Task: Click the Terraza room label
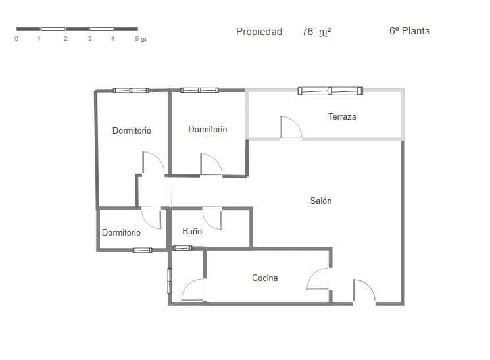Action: (342, 116)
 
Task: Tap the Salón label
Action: (321, 201)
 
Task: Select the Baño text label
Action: (192, 232)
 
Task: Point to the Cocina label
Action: (264, 278)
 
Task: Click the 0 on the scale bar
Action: (16, 39)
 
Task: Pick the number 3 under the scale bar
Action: (89, 39)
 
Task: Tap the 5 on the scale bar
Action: (137, 39)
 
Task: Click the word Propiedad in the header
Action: (259, 32)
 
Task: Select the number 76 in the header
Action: (307, 32)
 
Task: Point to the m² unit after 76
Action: (325, 32)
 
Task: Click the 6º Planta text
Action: (410, 31)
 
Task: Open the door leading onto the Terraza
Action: (289, 128)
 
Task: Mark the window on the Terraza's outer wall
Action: (330, 91)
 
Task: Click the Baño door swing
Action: (212, 217)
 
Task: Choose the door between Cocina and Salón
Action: (319, 279)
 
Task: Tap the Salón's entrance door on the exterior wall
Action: (363, 292)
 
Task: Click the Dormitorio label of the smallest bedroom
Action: (121, 232)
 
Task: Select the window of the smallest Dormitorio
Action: (142, 250)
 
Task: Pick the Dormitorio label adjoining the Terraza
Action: (208, 130)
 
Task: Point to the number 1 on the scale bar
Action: (39, 39)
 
